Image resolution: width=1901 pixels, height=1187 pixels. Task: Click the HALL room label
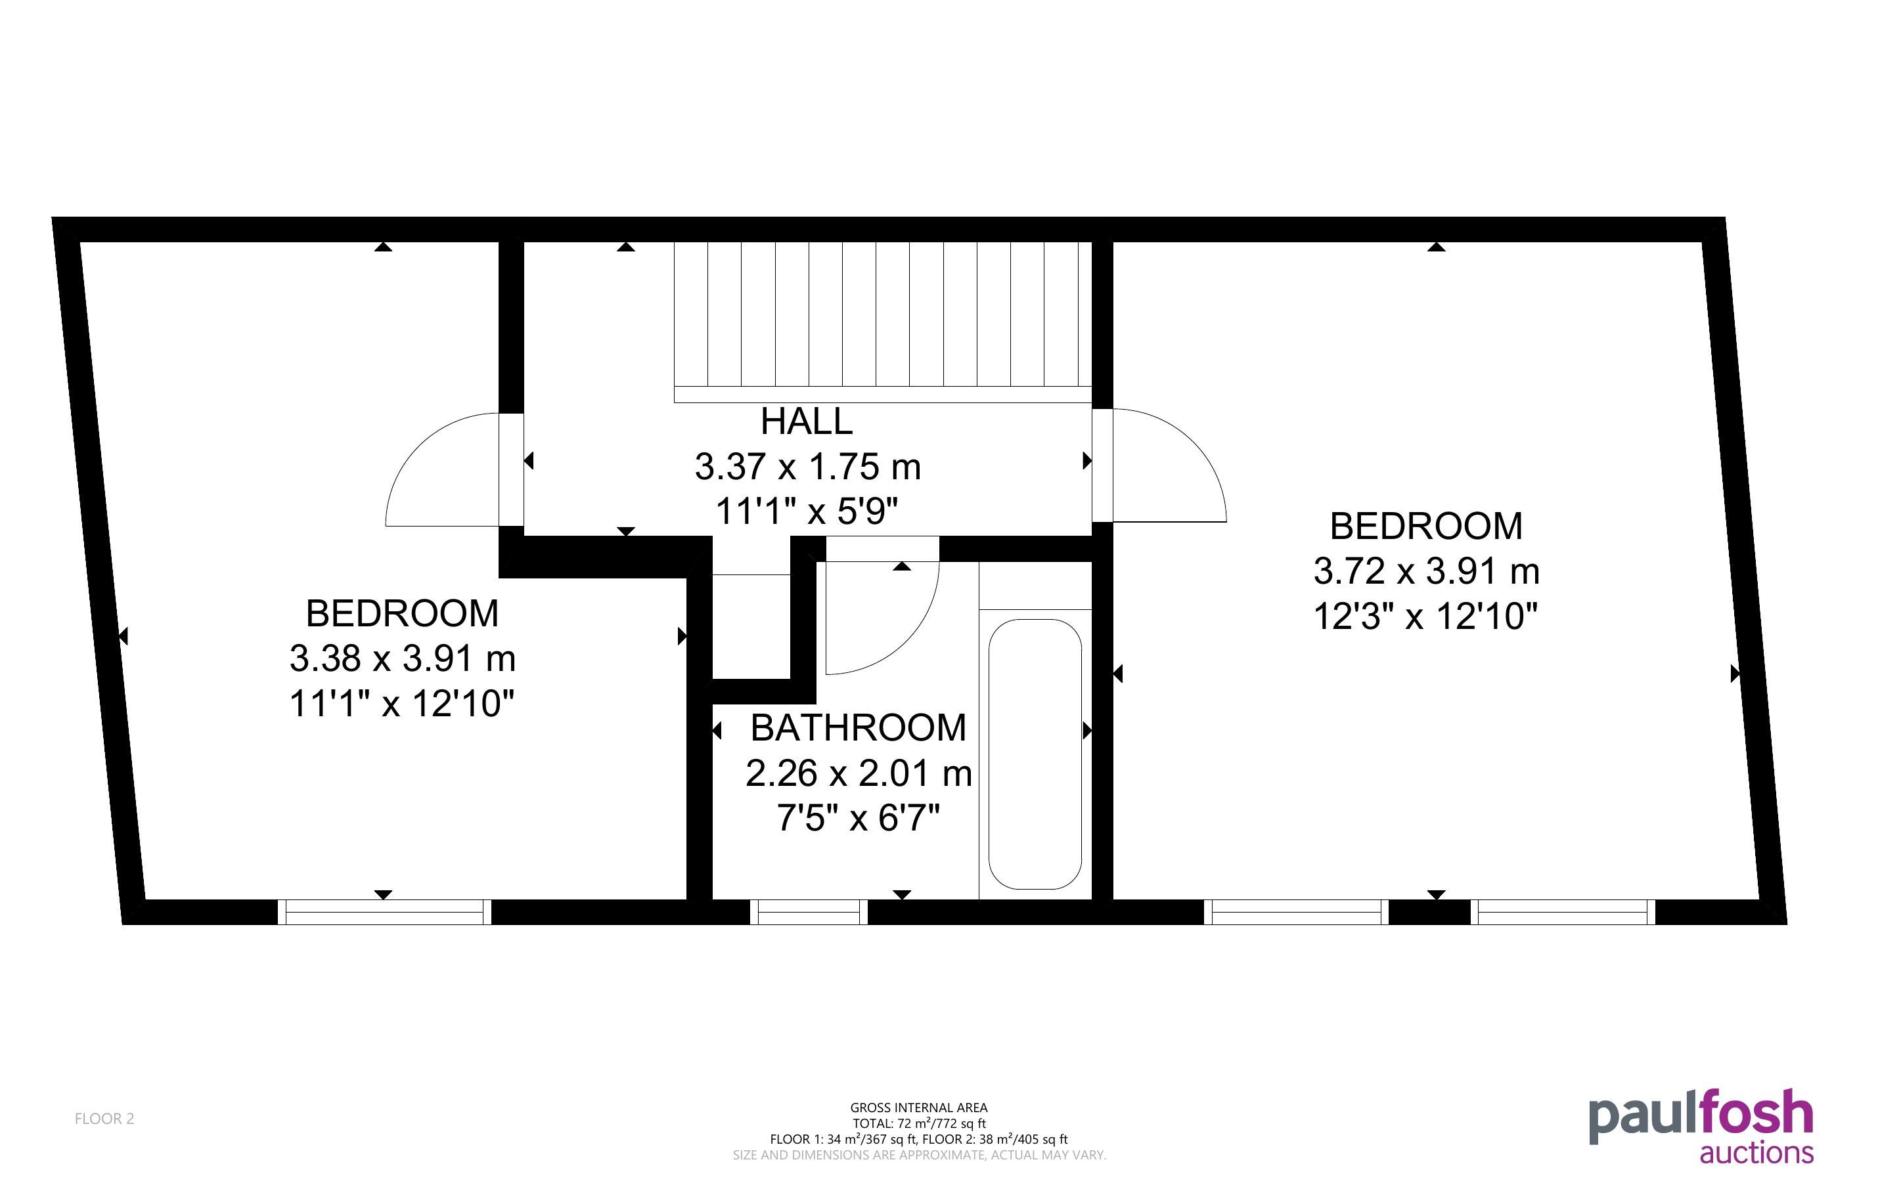pos(807,421)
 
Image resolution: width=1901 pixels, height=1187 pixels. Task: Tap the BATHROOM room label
pos(859,727)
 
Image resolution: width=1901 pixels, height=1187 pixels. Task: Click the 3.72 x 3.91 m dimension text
pos(1427,572)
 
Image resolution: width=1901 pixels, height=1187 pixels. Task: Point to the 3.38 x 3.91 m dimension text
pos(402,658)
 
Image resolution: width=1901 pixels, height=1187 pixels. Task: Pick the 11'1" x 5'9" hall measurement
pos(807,513)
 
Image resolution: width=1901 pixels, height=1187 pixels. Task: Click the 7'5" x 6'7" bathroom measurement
pos(859,819)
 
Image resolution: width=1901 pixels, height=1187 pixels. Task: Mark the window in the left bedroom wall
pos(385,912)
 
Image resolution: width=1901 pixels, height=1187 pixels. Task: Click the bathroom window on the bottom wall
pos(809,912)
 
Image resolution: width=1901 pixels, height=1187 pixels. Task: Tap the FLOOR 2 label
pos(104,1119)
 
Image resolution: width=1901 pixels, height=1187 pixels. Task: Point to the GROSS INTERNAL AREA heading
pos(919,1108)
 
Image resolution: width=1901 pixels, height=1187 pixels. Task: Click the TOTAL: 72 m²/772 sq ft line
pos(919,1123)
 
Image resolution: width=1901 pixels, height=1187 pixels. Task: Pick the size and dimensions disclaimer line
pos(920,1155)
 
